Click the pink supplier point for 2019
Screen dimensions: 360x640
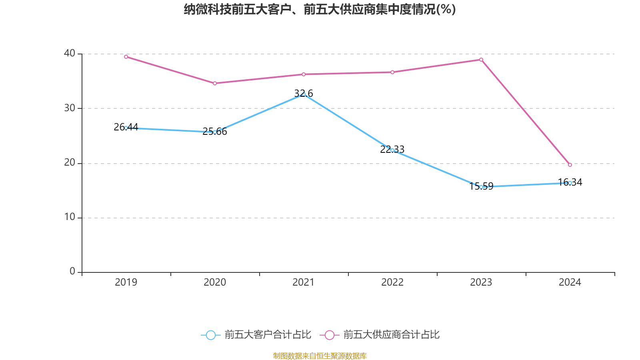[126, 57]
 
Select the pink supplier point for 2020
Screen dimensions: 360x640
[215, 83]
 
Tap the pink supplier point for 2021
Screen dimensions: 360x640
[304, 74]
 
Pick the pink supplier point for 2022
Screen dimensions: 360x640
[392, 72]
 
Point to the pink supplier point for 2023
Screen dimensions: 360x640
[481, 60]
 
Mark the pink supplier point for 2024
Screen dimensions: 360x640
[570, 165]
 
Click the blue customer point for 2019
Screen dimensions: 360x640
[126, 128]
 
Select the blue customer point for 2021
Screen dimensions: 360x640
[304, 94]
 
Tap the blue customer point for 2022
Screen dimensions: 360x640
[392, 150]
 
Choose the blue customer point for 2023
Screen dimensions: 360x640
[481, 187]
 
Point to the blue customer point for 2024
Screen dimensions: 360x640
[570, 183]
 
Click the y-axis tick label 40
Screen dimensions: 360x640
[70, 53]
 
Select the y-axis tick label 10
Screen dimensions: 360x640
[70, 217]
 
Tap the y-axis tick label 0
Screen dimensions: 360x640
[72, 272]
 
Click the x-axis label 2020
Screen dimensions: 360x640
[215, 282]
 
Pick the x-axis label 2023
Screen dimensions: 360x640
[481, 282]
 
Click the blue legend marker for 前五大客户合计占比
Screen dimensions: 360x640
[210, 335]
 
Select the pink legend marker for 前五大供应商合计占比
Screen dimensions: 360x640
[330, 335]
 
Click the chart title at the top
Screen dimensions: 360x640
[320, 9]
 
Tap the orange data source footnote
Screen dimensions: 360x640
[320, 356]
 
